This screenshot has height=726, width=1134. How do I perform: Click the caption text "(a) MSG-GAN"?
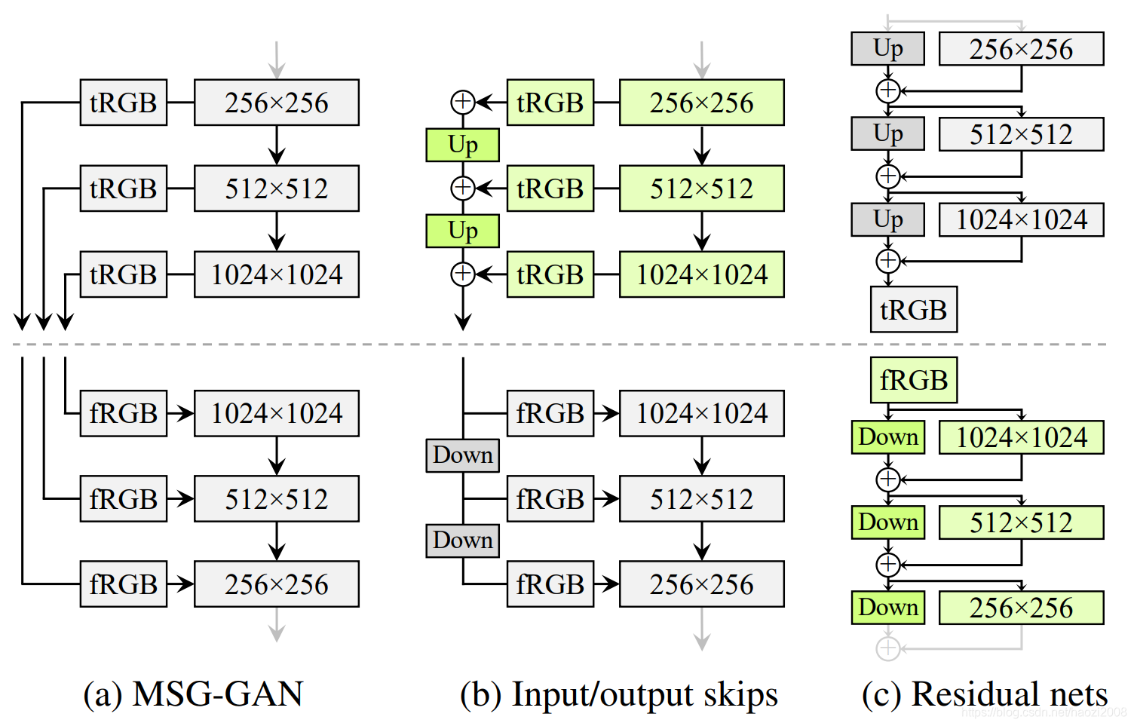pos(193,694)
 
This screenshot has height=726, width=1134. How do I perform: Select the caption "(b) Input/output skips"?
pos(618,694)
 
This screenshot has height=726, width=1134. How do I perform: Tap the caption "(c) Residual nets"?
pos(984,694)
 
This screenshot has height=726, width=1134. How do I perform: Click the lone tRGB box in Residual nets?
pos(913,310)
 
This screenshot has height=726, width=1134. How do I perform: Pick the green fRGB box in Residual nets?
pos(913,380)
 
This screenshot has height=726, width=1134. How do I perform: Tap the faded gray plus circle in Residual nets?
pos(888,648)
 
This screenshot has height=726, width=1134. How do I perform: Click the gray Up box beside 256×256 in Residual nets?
pos(887,49)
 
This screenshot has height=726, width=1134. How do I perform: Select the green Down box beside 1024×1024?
pos(887,437)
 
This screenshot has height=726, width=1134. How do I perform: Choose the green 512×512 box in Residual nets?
pos(1021,522)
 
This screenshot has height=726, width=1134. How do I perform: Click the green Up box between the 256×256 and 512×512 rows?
pos(462,145)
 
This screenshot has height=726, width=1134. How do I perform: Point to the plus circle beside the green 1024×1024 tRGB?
pos(462,274)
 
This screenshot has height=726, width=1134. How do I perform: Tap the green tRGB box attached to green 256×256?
pos(550,103)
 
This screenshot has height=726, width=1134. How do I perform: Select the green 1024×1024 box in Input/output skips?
pos(701,274)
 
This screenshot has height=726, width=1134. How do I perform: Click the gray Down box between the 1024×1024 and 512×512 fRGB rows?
pos(462,455)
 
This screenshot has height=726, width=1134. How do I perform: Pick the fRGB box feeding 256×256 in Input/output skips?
pos(550,584)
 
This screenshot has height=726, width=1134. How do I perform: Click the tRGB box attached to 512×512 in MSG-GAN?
pos(123,188)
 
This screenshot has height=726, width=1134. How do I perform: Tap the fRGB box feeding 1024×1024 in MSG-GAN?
pos(123,413)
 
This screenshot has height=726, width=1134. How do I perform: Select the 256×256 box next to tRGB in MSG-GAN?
pos(276,103)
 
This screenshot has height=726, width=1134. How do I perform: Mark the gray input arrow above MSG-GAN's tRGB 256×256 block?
pos(277,60)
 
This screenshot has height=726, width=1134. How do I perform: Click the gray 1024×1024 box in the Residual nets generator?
pos(1021,220)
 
